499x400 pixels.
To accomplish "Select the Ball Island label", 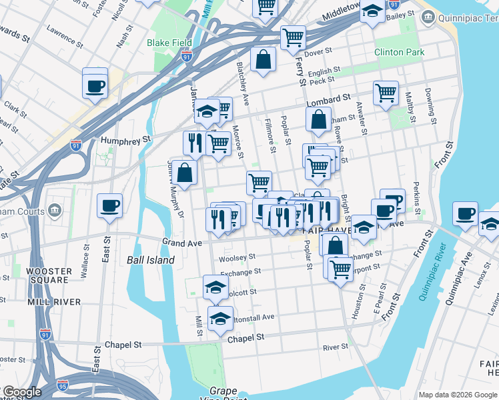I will pos(151,260).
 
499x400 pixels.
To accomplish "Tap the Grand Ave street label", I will pos(182,243).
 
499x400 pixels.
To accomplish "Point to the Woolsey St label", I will pos(237,257).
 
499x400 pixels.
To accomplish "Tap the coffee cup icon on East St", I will pos(109,206).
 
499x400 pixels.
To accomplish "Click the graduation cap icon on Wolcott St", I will pos(215,287).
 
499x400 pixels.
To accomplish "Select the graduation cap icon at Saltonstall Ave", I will pos(220,319).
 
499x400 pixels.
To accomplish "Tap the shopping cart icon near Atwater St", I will pos(386,93).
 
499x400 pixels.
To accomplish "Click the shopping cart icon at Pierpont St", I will pos(340,269).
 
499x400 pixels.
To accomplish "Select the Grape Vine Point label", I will pos(223,394).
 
